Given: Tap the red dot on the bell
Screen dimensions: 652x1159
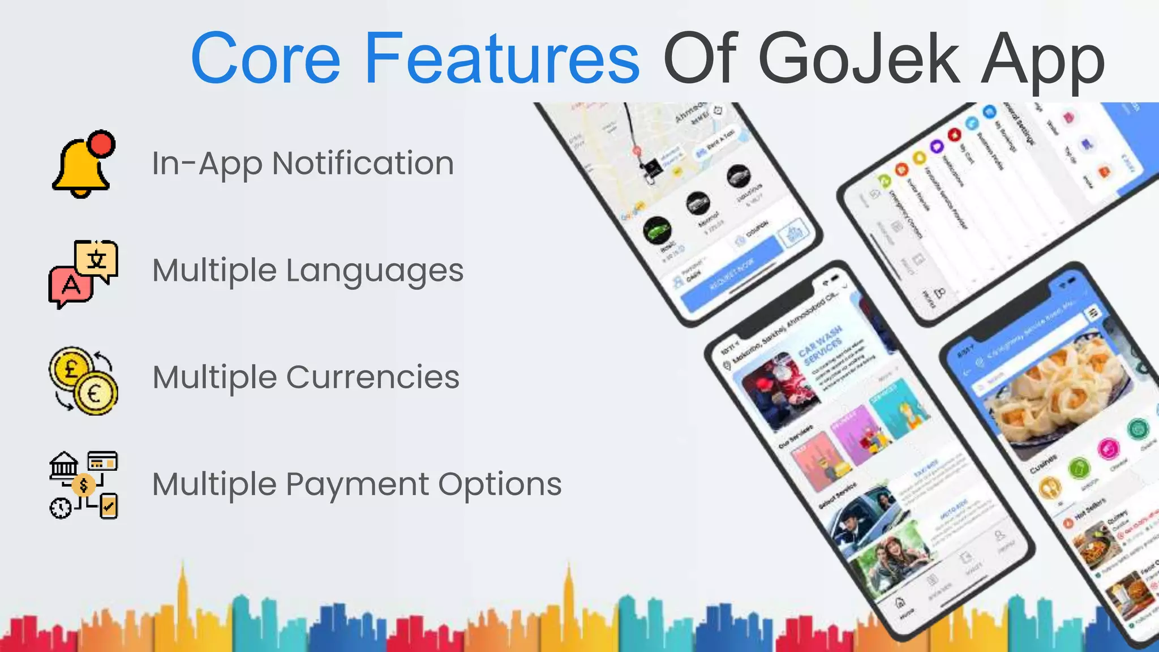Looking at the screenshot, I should point(102,143).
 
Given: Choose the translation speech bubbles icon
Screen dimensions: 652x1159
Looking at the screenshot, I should point(83,273).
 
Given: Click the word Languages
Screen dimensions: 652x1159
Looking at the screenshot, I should point(375,271).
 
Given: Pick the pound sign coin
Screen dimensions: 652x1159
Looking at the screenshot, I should point(71,370).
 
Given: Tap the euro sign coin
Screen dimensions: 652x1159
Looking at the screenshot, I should point(95,393).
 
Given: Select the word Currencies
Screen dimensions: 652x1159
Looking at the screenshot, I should point(373,378).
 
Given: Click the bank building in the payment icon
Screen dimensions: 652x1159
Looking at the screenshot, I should point(64,466).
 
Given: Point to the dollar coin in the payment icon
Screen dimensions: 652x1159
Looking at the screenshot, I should point(84,485).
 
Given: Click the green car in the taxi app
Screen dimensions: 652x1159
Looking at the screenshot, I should point(657,231).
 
